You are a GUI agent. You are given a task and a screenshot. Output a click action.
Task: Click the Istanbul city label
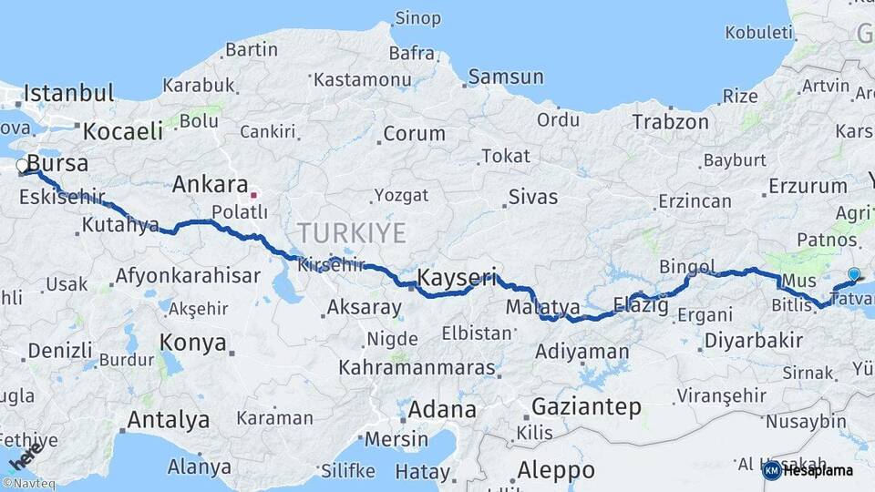[x=69, y=93]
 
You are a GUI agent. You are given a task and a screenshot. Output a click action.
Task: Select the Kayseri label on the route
[x=457, y=277]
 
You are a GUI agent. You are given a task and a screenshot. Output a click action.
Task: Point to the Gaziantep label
[x=586, y=406]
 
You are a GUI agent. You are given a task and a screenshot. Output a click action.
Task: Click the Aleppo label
[x=556, y=471]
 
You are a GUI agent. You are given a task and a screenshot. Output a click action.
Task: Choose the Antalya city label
[x=168, y=420]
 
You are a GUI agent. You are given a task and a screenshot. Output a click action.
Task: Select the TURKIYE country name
[x=351, y=233]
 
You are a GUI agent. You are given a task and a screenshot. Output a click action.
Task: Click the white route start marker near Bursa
[x=22, y=166]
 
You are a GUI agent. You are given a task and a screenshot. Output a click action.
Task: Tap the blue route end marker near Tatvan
[x=853, y=273]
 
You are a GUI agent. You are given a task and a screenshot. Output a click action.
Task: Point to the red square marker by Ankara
[x=254, y=194]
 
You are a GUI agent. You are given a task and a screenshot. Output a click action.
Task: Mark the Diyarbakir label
[x=752, y=342]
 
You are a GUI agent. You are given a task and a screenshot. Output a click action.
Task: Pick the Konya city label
[x=192, y=343]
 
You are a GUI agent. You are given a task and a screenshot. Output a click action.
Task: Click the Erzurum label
[x=808, y=186]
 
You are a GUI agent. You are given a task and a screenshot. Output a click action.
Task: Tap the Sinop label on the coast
[x=417, y=18]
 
